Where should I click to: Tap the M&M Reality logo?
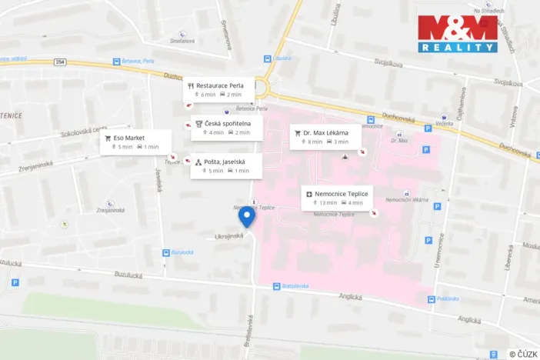(457, 33)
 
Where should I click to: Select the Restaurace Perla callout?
(218, 89)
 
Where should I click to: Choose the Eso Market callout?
(131, 142)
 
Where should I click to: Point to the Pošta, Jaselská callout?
(226, 165)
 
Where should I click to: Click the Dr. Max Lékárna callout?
(325, 136)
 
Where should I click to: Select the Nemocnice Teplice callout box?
(338, 198)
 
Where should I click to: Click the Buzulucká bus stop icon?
(165, 252)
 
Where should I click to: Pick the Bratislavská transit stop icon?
(277, 286)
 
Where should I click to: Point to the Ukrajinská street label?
(228, 235)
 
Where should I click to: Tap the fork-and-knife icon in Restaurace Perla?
(191, 85)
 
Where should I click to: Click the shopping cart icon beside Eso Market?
(108, 138)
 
